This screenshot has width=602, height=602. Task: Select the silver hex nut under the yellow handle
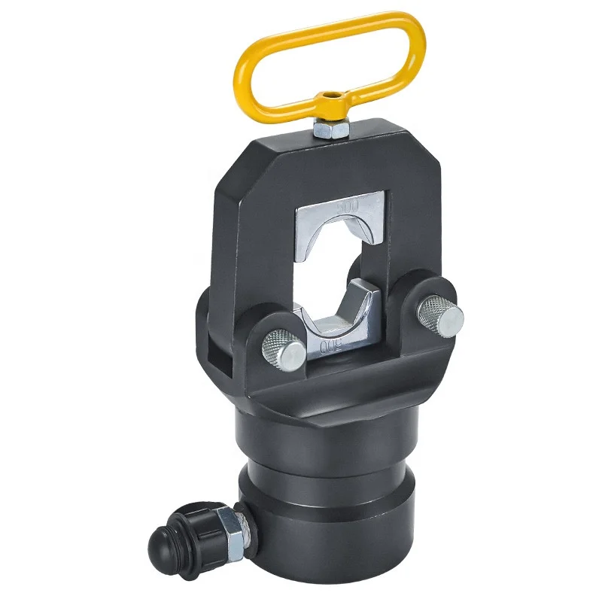click(329, 130)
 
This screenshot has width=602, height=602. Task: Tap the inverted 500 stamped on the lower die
click(331, 345)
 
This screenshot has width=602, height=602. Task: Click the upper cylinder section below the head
click(331, 436)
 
